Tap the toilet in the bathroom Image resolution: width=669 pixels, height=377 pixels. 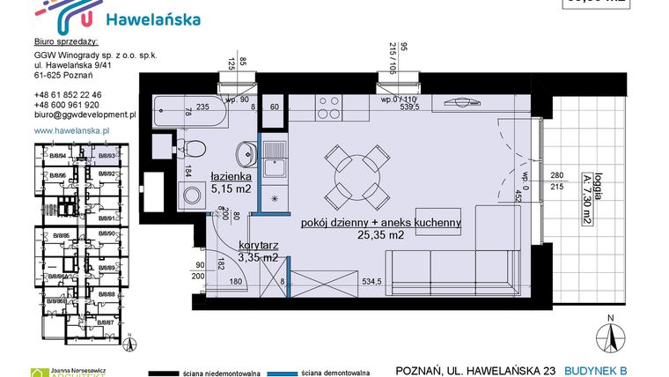pos(195,149)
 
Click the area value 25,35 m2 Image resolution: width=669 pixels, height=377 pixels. pos(380,235)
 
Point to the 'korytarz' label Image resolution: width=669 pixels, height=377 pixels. pos(258,246)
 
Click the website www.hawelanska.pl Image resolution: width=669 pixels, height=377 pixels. pos(70,130)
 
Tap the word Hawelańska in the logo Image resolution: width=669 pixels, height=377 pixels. pos(152,18)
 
